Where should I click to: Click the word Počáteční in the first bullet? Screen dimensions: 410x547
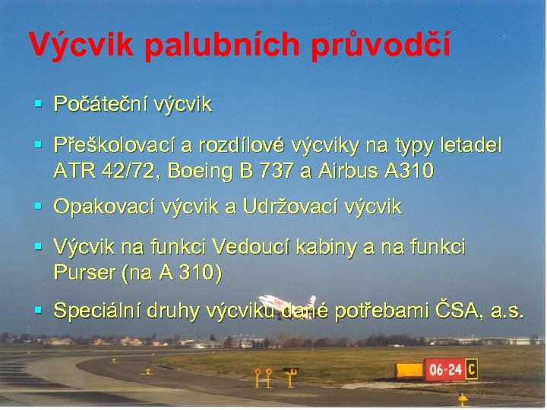98,105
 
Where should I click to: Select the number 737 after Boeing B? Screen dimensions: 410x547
269,171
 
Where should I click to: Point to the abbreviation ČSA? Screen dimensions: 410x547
459,310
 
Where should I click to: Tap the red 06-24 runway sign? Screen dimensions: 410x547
444,371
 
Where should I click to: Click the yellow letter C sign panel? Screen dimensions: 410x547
471,370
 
